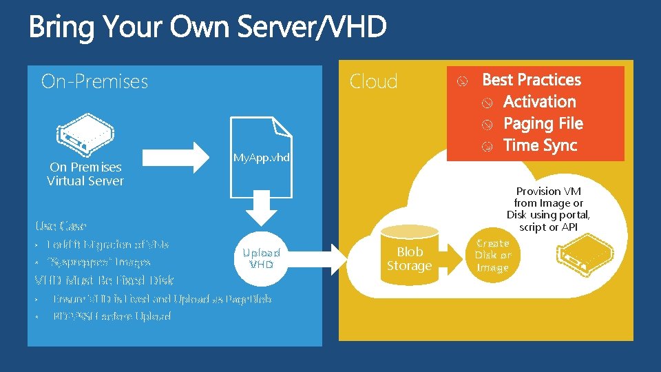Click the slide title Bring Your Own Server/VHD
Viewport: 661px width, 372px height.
click(x=207, y=28)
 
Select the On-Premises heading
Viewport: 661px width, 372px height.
click(x=94, y=81)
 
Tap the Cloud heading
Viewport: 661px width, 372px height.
click(x=373, y=81)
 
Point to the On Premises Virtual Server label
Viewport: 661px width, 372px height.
click(x=85, y=174)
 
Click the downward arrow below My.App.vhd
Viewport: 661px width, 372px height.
click(x=262, y=206)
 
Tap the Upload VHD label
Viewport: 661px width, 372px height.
click(x=262, y=258)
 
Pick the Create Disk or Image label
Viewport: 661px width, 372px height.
click(x=493, y=255)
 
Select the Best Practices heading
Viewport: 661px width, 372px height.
click(x=532, y=80)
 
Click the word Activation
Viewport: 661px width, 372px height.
click(x=539, y=102)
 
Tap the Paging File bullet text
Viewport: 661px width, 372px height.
click(x=543, y=124)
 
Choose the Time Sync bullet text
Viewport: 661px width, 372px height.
click(x=540, y=145)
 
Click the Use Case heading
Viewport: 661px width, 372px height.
click(x=61, y=226)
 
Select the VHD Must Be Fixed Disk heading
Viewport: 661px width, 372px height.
click(x=104, y=280)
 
